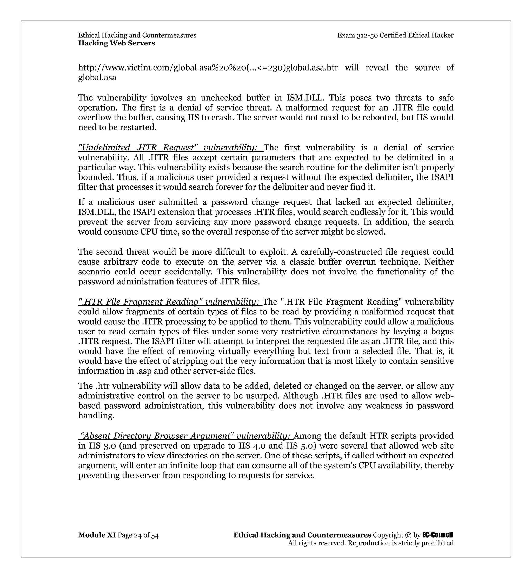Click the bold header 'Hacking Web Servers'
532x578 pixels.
point(117,43)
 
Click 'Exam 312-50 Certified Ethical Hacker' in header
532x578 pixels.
point(395,35)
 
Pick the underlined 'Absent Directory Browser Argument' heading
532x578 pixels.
point(186,436)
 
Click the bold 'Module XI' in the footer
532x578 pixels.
point(97,535)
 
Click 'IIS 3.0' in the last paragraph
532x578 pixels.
point(102,446)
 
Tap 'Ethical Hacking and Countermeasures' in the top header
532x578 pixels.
point(137,35)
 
